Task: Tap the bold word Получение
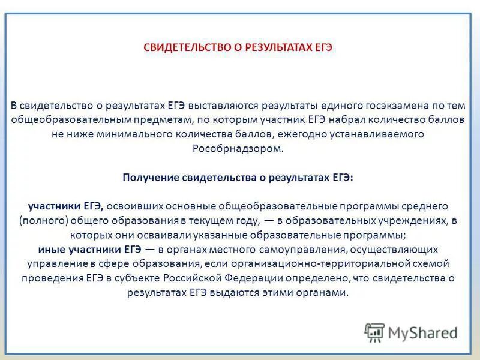point(150,178)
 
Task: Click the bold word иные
point(50,249)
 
